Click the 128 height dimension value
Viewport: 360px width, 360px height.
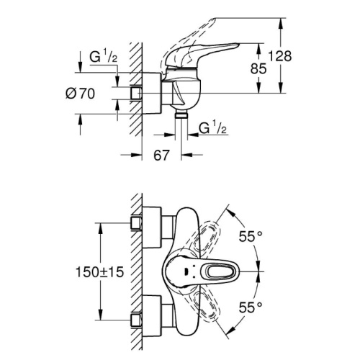(x=279, y=56)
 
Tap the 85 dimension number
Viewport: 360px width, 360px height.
(x=258, y=68)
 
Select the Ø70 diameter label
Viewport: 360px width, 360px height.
(x=80, y=94)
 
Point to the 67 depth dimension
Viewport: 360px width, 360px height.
(x=161, y=155)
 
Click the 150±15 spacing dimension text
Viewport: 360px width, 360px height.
(x=100, y=272)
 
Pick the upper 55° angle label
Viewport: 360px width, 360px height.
(x=251, y=236)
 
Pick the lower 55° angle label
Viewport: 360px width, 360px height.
(x=251, y=307)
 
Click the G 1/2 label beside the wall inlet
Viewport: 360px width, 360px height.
(x=104, y=57)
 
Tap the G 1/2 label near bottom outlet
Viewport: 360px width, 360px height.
(x=212, y=128)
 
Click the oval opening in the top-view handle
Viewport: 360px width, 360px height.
(x=221, y=272)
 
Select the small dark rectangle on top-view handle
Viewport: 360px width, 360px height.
(x=186, y=272)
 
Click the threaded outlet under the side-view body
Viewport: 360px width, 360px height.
(x=181, y=114)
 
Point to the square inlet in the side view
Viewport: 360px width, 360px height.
(x=136, y=93)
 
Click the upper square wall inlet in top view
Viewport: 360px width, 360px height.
(x=136, y=223)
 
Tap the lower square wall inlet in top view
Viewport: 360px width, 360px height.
(x=136, y=320)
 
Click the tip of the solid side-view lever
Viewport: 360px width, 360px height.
(x=239, y=44)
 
